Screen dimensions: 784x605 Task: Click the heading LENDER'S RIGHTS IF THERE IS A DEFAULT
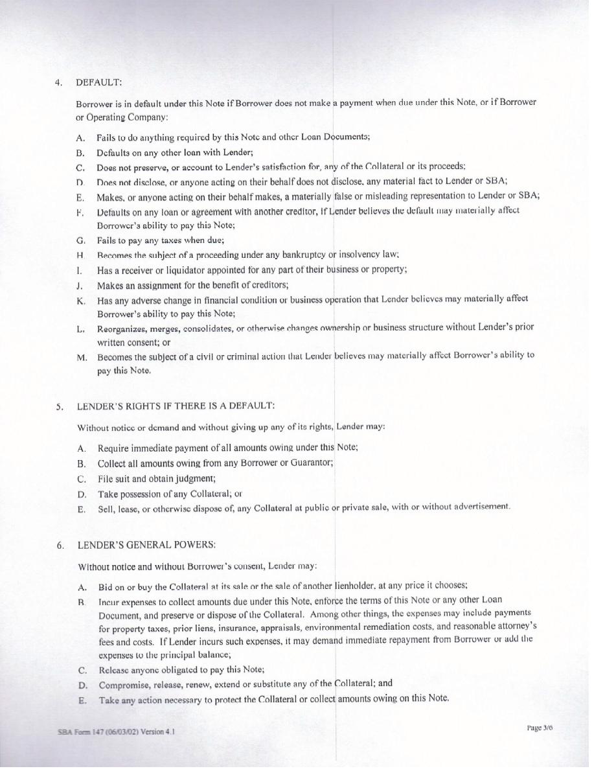[x=176, y=406]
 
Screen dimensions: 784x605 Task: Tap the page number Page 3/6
[x=540, y=728]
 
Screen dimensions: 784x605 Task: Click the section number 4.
[x=58, y=82]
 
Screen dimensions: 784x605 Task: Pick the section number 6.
[x=60, y=545]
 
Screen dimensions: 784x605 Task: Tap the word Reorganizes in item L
[x=123, y=329]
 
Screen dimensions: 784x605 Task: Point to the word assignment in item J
[x=158, y=285]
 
